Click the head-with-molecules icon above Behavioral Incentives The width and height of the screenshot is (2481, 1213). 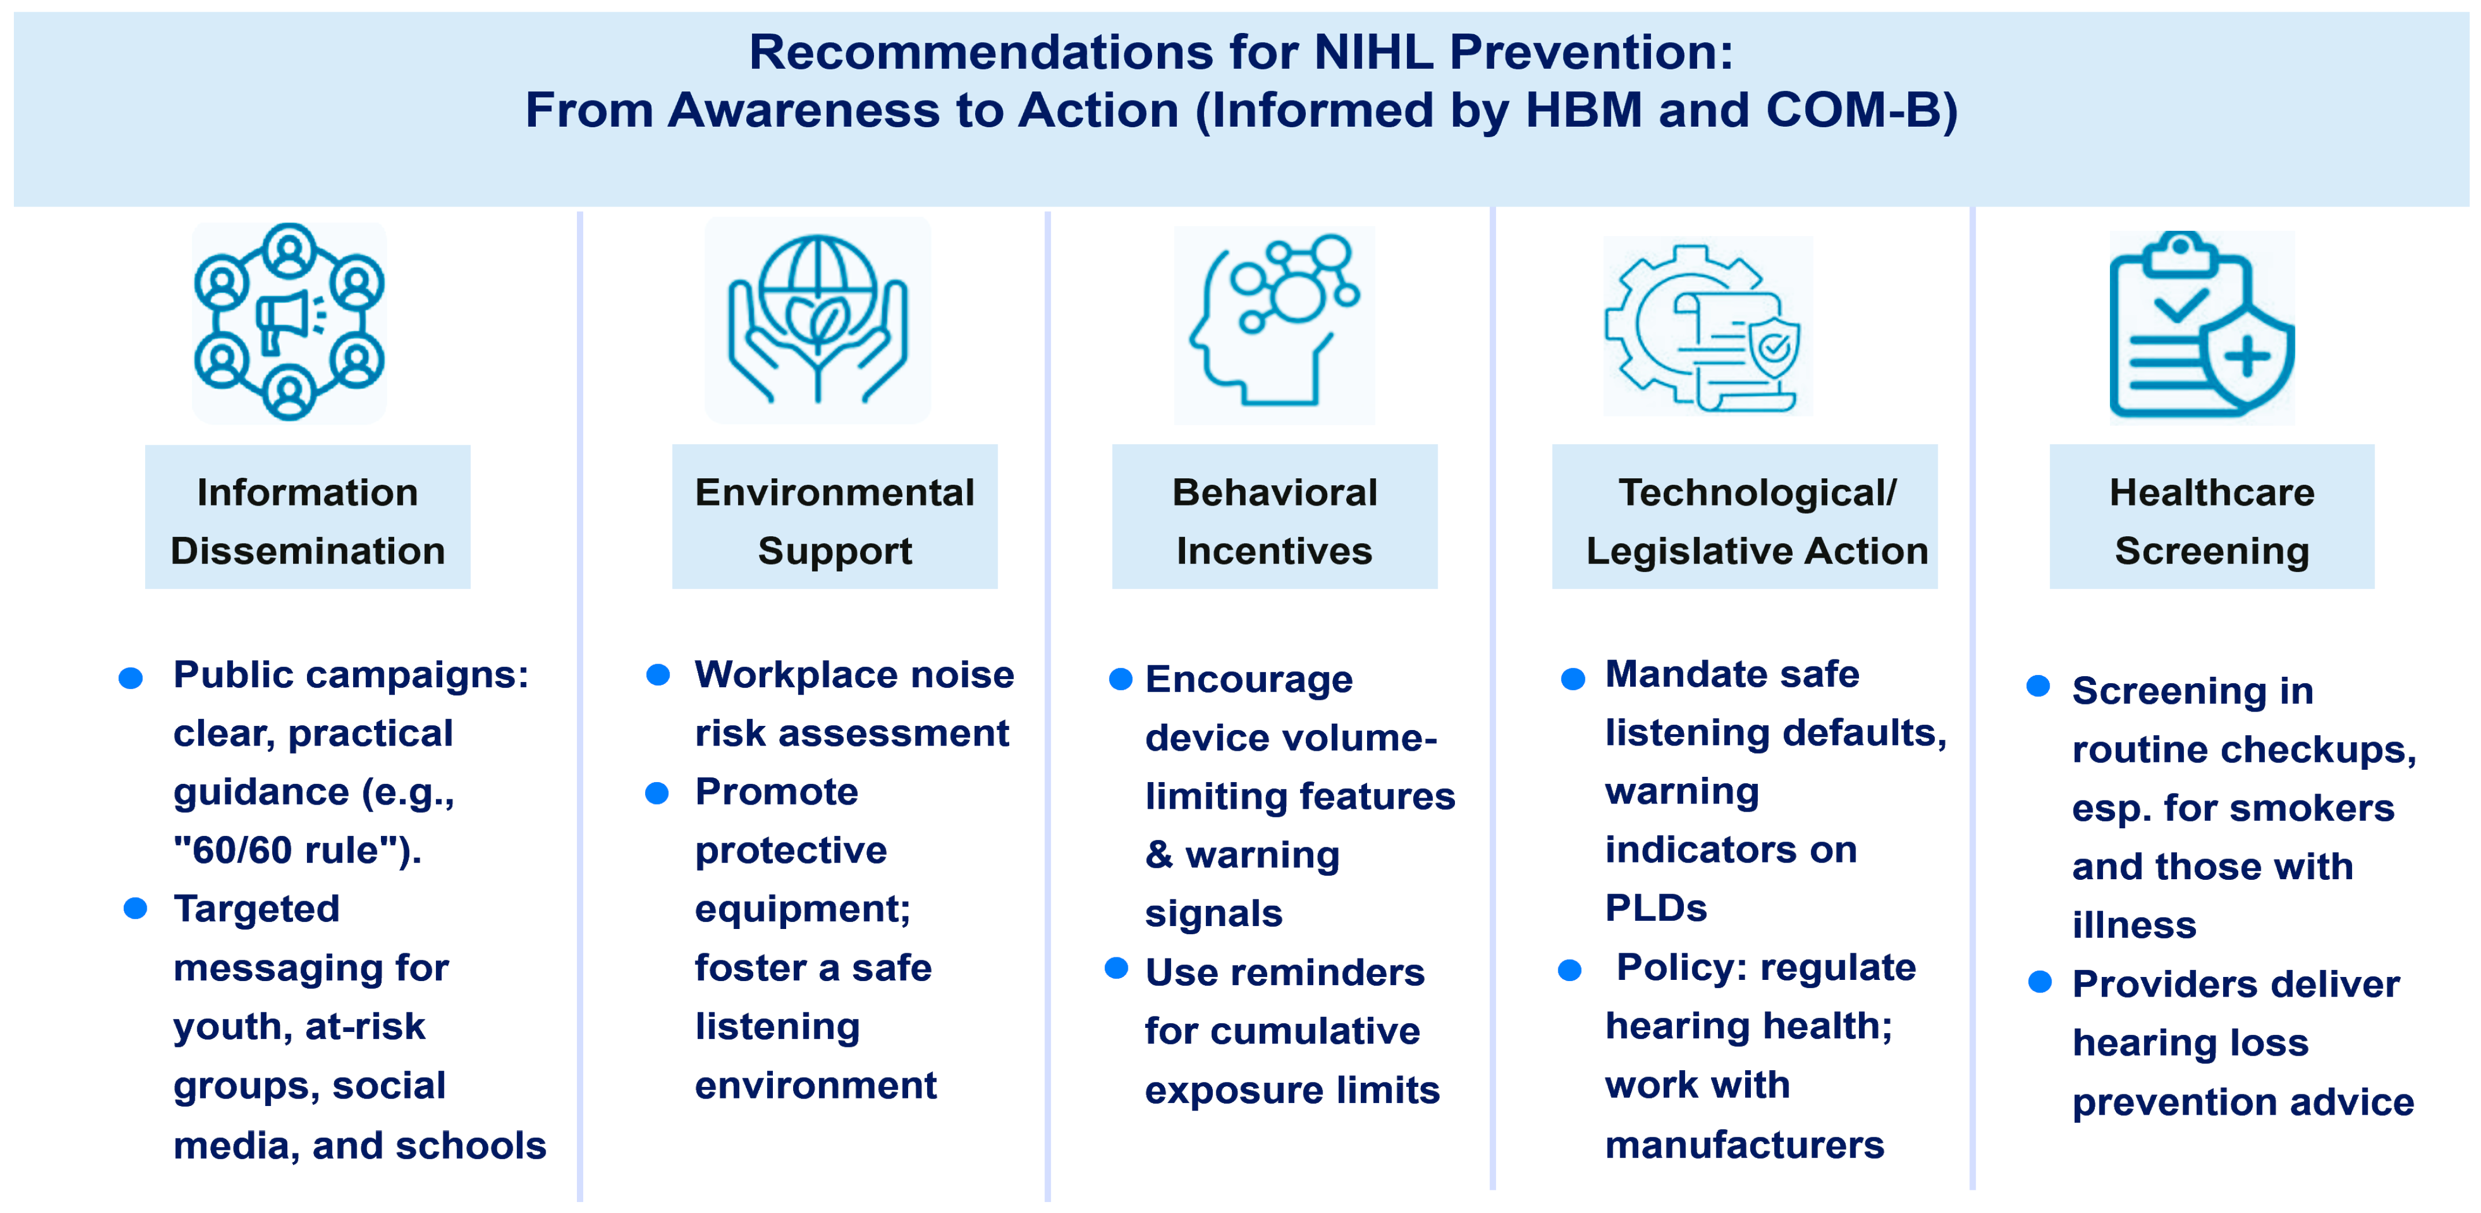pos(1273,321)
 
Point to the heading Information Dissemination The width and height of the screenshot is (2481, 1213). pos(308,521)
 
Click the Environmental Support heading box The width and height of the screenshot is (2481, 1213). pos(834,517)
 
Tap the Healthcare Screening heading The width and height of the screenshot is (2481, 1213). pos(2211,521)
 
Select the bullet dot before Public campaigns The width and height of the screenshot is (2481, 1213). pos(131,679)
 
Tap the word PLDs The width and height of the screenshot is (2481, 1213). pos(1656,909)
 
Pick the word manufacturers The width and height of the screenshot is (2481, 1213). pos(1744,1145)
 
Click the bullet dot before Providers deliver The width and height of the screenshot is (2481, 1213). pos(2040,982)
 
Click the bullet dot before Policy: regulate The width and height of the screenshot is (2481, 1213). pos(1570,970)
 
